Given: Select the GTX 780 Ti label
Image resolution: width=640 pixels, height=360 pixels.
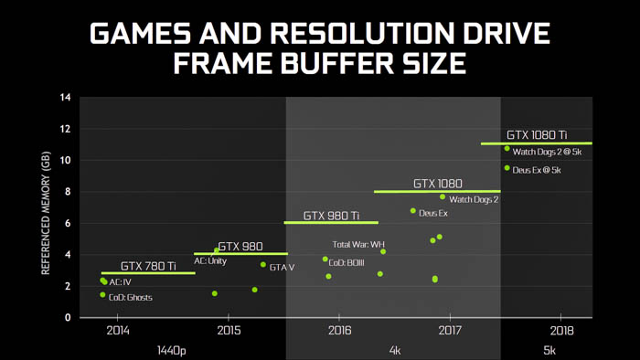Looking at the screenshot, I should [x=148, y=266].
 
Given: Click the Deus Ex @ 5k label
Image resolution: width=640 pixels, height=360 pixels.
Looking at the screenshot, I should [x=537, y=170].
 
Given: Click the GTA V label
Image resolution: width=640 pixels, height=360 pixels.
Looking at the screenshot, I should [x=282, y=267].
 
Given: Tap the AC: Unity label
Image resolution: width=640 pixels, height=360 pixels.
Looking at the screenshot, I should [x=209, y=260].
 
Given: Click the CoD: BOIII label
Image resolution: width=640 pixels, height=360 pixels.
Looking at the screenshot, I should [x=347, y=262].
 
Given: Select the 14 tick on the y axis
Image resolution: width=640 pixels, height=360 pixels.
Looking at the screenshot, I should [x=65, y=97].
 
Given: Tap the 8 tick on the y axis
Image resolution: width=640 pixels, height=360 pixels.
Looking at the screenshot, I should [x=67, y=192].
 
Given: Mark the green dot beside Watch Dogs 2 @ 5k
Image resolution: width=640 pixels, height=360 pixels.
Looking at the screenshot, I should [x=507, y=148].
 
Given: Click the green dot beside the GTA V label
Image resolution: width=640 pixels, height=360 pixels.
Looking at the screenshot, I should [x=263, y=265].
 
